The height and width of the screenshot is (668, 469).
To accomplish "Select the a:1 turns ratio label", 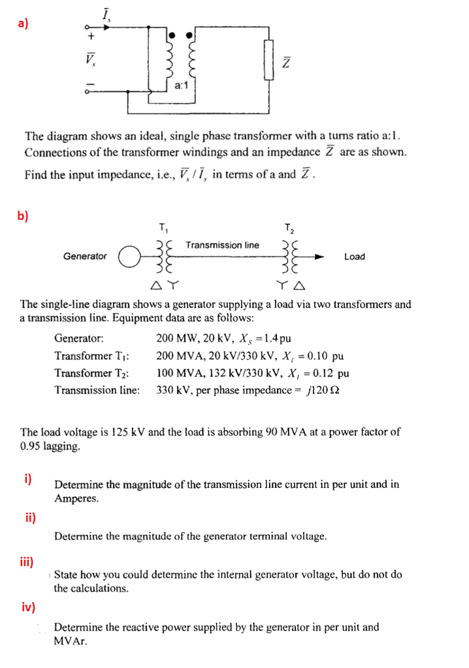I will (x=183, y=85).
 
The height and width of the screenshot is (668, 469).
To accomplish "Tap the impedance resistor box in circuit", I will (x=267, y=60).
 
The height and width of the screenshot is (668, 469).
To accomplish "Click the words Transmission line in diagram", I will (x=222, y=245).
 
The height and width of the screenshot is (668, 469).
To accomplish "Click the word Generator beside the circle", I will (x=85, y=256).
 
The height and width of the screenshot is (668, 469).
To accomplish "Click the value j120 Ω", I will (x=326, y=390).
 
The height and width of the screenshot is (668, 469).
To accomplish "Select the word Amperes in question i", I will (x=76, y=499).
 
